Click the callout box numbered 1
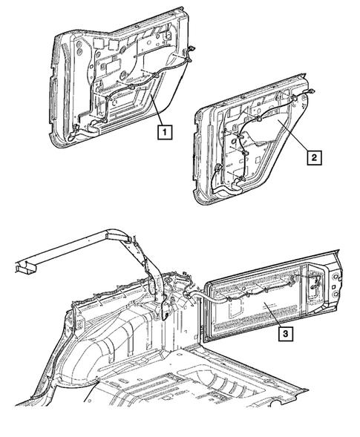tap(165, 133)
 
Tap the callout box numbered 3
tap(286, 333)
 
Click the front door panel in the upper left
tap(111, 82)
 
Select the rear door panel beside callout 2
tap(252, 148)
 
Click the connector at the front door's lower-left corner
tap(72, 138)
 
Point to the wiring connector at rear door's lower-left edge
tap(215, 173)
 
